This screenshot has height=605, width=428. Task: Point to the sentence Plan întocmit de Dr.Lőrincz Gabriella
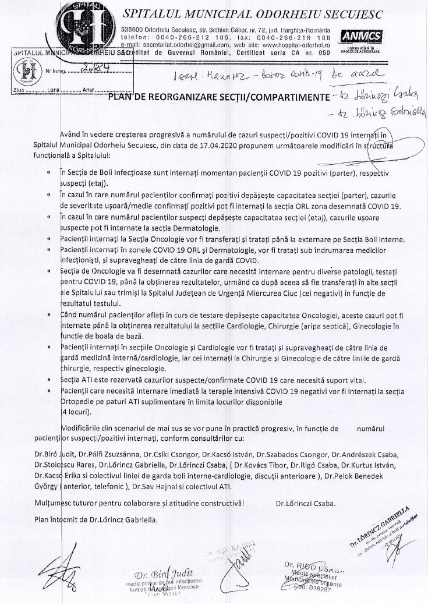(95, 518)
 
